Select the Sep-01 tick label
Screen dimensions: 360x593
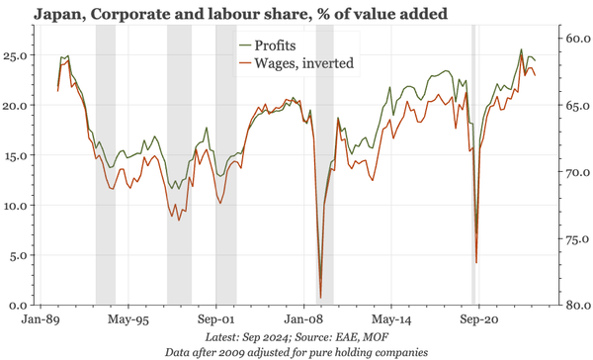click(216, 320)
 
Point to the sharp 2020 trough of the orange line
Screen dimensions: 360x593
click(476, 263)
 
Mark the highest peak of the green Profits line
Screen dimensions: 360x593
click(522, 49)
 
